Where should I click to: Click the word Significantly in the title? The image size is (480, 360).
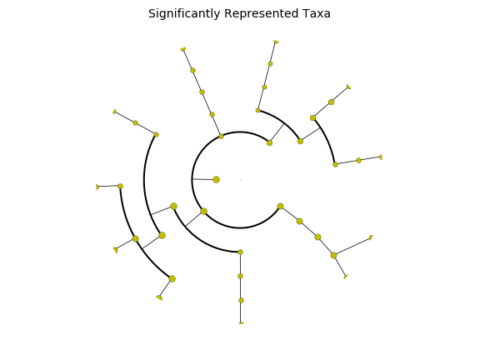pyautogui.click(x=184, y=14)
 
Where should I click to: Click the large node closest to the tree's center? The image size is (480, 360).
pyautogui.click(x=216, y=180)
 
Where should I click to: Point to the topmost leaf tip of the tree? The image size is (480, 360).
pyautogui.click(x=276, y=42)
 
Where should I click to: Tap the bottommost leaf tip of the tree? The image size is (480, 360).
pyautogui.click(x=241, y=323)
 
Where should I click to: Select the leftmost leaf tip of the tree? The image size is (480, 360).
pyautogui.click(x=97, y=187)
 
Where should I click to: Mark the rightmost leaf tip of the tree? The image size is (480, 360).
pyautogui.click(x=381, y=157)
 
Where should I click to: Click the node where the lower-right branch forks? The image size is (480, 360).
pyautogui.click(x=333, y=255)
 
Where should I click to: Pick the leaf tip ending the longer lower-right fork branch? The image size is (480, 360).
pyautogui.click(x=372, y=237)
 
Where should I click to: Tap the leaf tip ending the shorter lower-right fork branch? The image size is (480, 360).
pyautogui.click(x=346, y=277)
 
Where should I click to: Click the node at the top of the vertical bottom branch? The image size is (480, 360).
pyautogui.click(x=240, y=252)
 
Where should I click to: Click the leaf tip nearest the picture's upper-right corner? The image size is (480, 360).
pyautogui.click(x=348, y=87)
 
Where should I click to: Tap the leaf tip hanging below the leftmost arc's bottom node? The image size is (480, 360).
pyautogui.click(x=159, y=297)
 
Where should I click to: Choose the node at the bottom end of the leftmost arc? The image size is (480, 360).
pyautogui.click(x=172, y=279)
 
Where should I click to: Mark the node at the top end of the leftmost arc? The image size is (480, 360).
pyautogui.click(x=120, y=186)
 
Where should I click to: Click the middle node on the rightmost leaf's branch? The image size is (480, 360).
pyautogui.click(x=359, y=160)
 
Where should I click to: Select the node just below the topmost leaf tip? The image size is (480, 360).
pyautogui.click(x=270, y=64)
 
